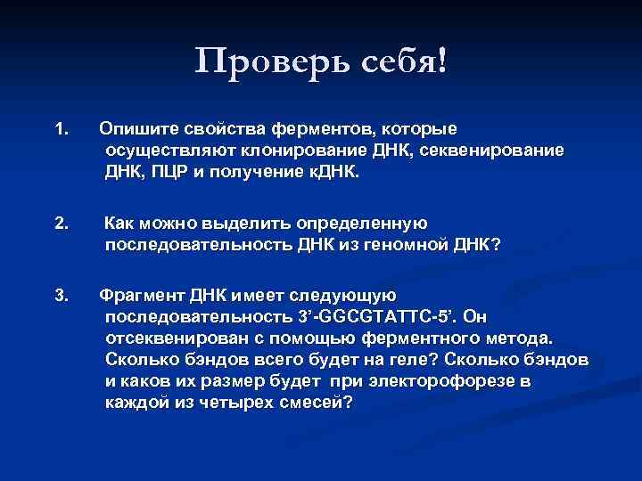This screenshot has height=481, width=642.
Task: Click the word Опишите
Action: click(x=137, y=131)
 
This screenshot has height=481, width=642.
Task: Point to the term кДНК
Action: click(x=333, y=170)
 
